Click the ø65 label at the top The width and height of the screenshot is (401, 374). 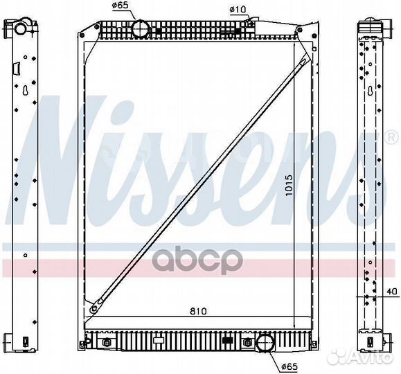[120, 6]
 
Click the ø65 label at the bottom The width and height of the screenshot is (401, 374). [289, 367]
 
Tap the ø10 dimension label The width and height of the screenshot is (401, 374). [238, 10]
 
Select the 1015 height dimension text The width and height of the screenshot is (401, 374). [289, 185]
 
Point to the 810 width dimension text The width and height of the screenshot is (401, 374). [198, 311]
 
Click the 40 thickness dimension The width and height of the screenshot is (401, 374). [391, 292]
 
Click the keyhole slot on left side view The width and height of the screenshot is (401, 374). [25, 90]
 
